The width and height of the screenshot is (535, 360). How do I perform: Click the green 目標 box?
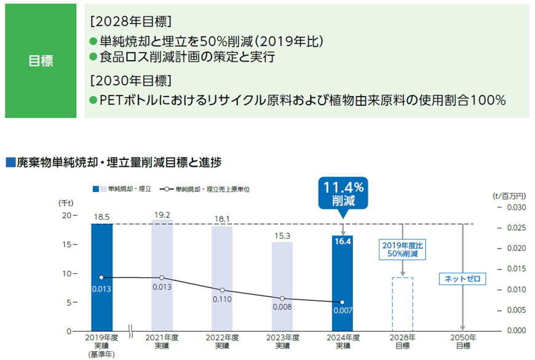(41, 61)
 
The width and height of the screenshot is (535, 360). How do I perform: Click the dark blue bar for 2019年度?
(101, 277)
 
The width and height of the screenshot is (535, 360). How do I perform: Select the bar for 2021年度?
(162, 275)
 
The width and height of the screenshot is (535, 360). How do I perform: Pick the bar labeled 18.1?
(222, 278)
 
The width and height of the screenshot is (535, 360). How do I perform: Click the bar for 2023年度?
(282, 286)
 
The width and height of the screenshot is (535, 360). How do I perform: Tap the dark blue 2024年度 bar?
(342, 283)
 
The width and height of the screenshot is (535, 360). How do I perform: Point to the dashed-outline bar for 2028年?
(403, 304)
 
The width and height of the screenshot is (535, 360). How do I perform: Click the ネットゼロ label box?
(462, 279)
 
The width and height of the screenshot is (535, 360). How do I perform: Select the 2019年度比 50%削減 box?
(403, 249)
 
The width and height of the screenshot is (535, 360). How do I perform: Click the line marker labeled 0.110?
(222, 290)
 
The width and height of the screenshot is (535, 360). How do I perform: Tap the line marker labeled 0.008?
(282, 298)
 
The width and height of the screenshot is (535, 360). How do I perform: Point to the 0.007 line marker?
(342, 302)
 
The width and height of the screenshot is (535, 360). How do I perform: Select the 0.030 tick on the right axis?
(515, 207)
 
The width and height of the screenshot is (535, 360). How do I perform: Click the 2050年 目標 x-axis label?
(462, 342)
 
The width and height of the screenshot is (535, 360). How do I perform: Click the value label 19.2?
(162, 214)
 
